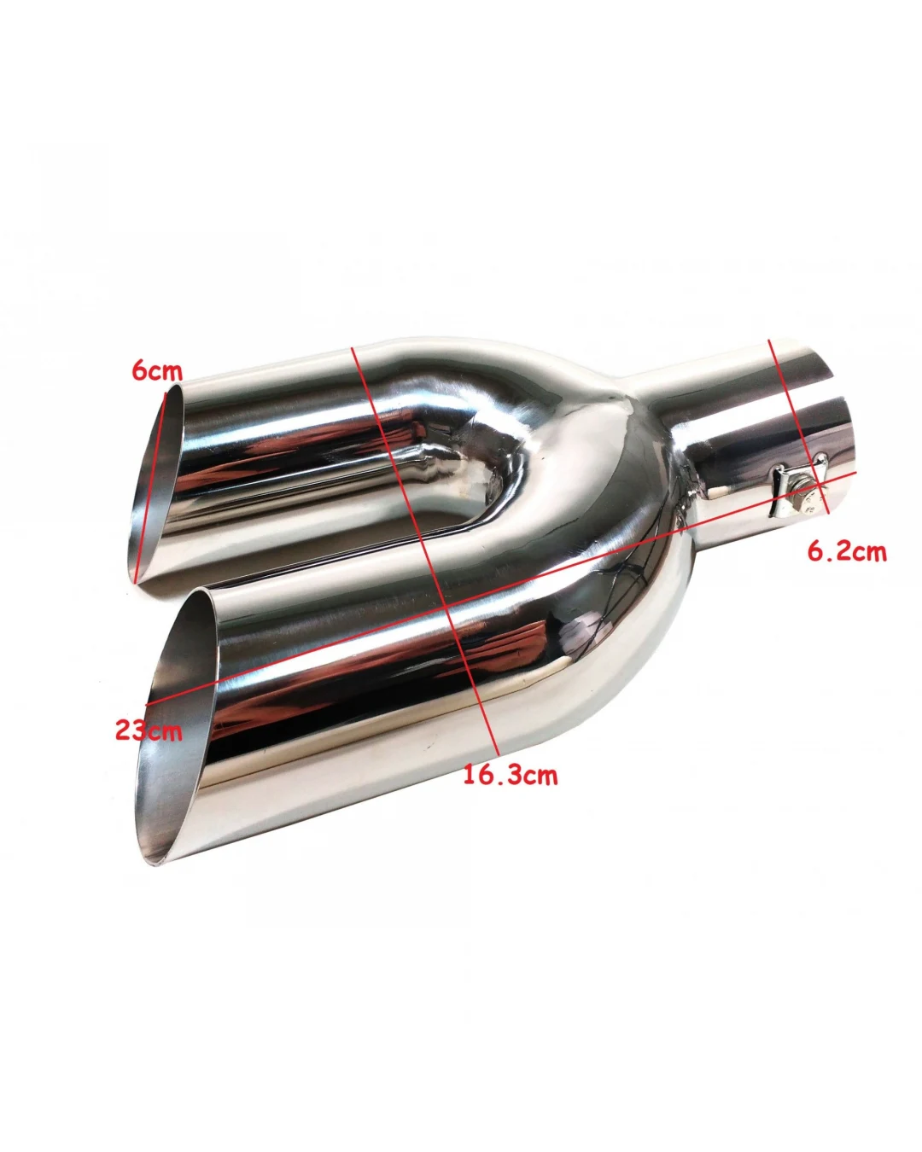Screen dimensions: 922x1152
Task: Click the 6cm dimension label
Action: click(x=157, y=371)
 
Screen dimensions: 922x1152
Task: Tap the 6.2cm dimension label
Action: click(x=847, y=551)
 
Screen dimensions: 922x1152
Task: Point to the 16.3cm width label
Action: click(x=510, y=775)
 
